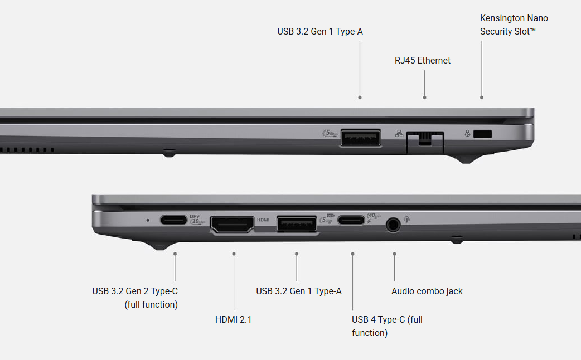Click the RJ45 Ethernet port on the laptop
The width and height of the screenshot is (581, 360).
pyautogui.click(x=425, y=142)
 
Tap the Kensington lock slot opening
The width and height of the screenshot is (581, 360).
pyautogui.click(x=482, y=134)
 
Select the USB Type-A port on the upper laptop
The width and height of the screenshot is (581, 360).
pyautogui.click(x=361, y=138)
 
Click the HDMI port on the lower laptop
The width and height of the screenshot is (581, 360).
pyautogui.click(x=233, y=224)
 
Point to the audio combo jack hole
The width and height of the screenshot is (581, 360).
pyautogui.click(x=393, y=225)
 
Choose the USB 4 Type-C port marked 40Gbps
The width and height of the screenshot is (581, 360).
pyautogui.click(x=351, y=220)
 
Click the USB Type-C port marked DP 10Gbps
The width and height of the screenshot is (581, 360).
pyautogui.click(x=173, y=220)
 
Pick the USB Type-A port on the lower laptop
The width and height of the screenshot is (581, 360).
pyautogui.click(x=297, y=224)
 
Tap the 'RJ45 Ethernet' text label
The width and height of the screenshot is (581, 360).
pyautogui.click(x=423, y=60)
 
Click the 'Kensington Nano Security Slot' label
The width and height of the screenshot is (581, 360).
pyautogui.click(x=514, y=25)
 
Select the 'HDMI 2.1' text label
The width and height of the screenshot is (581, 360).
pyautogui.click(x=234, y=319)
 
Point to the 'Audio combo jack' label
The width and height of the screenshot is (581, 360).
pyautogui.click(x=427, y=291)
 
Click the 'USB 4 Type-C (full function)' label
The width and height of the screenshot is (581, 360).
pyautogui.click(x=387, y=327)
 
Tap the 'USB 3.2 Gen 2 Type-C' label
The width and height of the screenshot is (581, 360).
pyautogui.click(x=135, y=291)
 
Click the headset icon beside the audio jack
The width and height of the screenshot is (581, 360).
pyautogui.click(x=407, y=220)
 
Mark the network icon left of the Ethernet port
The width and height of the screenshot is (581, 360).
pyautogui.click(x=399, y=134)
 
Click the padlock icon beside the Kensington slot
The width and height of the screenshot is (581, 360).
pyautogui.click(x=468, y=133)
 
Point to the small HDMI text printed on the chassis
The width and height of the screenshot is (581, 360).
pyautogui.click(x=263, y=220)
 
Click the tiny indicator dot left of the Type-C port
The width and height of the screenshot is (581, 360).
pyautogui.click(x=148, y=220)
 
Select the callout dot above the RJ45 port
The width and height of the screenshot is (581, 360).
pyautogui.click(x=425, y=98)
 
